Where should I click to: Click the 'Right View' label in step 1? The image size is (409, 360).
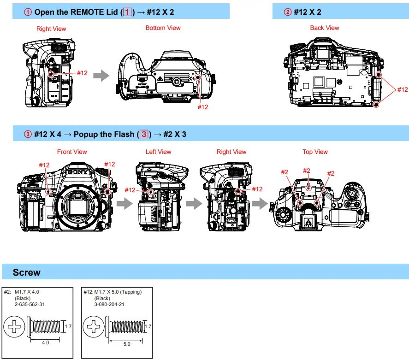51,29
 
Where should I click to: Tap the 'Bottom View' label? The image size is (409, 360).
163,28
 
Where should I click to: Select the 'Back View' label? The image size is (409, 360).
324,28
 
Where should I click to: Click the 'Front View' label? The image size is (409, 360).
72,152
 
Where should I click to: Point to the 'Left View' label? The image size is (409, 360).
158,152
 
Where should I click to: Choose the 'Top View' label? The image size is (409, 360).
315,152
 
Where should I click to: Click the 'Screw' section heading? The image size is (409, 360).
26,272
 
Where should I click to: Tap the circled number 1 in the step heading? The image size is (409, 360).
28,12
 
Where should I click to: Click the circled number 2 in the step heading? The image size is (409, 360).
288,12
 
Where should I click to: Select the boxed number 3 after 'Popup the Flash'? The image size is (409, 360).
144,135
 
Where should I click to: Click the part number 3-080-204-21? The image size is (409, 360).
110,304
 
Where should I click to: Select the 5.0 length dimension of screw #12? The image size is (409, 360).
126,343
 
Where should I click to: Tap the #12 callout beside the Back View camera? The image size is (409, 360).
402,89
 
